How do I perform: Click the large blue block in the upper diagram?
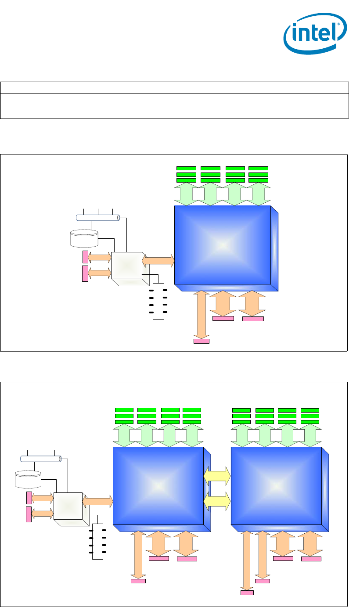pyautogui.click(x=223, y=245)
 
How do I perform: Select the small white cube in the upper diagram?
pyautogui.click(x=127, y=266)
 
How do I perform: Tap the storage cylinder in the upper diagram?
pyautogui.click(x=84, y=238)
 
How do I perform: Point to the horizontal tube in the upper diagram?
pyautogui.click(x=98, y=217)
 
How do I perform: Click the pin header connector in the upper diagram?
pyautogui.click(x=158, y=302)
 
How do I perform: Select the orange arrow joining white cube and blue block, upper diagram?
pyautogui.click(x=158, y=260)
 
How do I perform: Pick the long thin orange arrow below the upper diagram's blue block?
pyautogui.click(x=202, y=314)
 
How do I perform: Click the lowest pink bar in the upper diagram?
pyautogui.click(x=202, y=341)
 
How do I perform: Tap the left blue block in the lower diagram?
pyautogui.click(x=158, y=485)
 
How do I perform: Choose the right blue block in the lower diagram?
pyautogui.click(x=277, y=485)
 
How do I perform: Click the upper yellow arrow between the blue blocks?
pyautogui.click(x=217, y=476)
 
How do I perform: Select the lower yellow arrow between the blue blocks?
pyautogui.click(x=217, y=501)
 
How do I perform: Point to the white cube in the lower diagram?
pyautogui.click(x=68, y=506)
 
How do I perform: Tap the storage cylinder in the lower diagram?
pyautogui.click(x=28, y=479)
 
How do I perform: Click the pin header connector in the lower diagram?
pyautogui.click(x=97, y=541)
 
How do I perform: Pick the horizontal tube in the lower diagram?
pyautogui.click(x=41, y=459)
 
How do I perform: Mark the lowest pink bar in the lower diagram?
pyautogui.click(x=247, y=593)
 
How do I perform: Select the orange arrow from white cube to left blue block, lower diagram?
pyautogui.click(x=98, y=501)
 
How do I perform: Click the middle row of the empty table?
pyautogui.click(x=174, y=100)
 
